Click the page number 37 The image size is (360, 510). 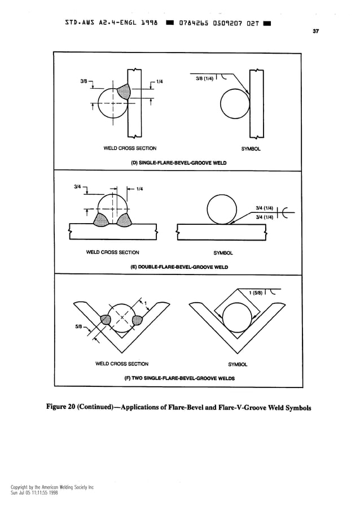pos(316,32)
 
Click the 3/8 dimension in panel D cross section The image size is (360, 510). pos(83,81)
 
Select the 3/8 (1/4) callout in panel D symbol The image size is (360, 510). pos(204,79)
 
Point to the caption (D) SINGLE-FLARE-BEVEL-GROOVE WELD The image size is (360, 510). pos(178,163)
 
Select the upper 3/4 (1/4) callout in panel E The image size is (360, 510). pos(265,208)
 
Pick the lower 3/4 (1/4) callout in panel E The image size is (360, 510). pos(265,217)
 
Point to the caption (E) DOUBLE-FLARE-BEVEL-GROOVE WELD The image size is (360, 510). pos(179,267)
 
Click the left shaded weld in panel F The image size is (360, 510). pos(106,320)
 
